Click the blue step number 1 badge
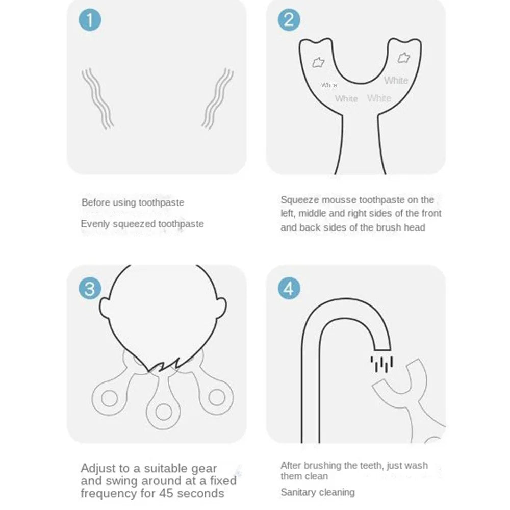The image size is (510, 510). coord(90,19)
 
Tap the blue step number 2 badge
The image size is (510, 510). coord(289,19)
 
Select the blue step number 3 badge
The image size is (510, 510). coord(90,289)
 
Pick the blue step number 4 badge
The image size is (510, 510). coord(289,289)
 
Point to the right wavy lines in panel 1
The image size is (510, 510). coord(217,98)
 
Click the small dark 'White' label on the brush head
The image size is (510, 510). coord(329,85)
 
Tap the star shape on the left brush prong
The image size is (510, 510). coord(318,62)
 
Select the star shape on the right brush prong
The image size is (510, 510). coord(403,58)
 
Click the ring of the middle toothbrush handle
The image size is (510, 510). coord(163,412)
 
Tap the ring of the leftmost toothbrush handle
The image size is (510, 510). coord(109,398)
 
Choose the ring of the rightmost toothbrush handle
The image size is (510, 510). coord(217,397)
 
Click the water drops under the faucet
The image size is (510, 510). coord(381,364)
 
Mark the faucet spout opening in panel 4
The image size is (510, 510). coord(382,350)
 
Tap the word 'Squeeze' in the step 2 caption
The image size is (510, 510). coord(299,200)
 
